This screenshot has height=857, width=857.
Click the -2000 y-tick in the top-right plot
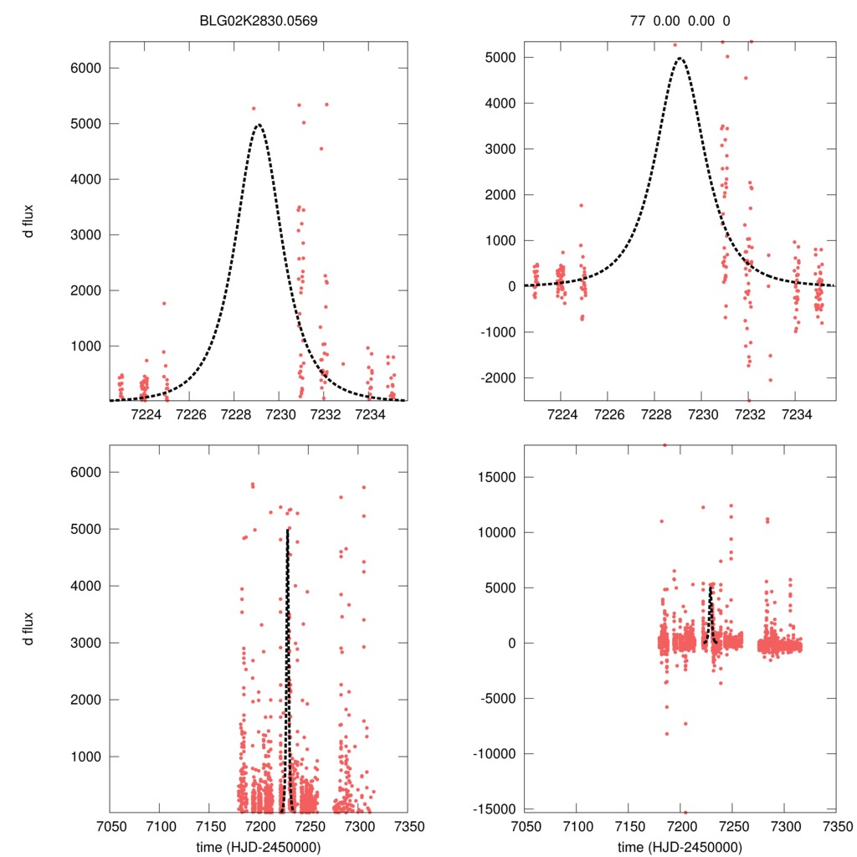click(497, 378)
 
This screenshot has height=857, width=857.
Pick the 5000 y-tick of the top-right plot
click(500, 58)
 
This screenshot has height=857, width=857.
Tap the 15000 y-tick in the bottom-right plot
click(497, 477)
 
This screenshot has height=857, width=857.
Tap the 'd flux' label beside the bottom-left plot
click(29, 629)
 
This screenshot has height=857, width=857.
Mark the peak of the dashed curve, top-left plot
click(259, 126)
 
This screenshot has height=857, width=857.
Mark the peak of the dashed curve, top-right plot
click(680, 59)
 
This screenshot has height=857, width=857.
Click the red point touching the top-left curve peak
click(254, 108)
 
